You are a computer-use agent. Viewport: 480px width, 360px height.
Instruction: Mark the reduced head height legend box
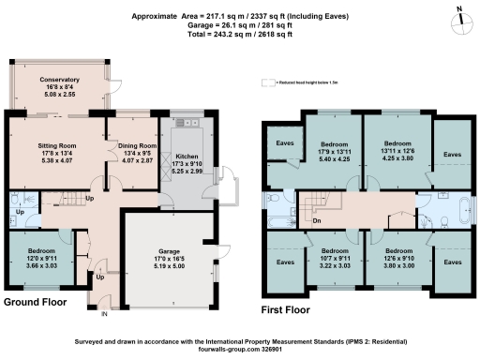(x=267, y=82)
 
